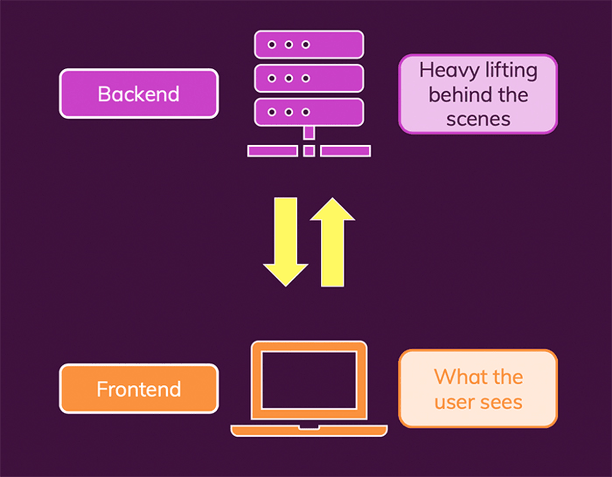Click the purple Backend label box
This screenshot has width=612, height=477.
[x=139, y=93]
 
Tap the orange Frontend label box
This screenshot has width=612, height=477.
[x=139, y=389]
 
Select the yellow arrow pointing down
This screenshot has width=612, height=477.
[x=286, y=242]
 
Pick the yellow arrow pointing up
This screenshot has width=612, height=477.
[x=333, y=242]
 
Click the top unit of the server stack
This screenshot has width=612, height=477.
[x=309, y=44]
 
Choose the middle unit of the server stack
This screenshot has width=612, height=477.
[x=309, y=78]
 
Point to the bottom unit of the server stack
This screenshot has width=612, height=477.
[x=309, y=112]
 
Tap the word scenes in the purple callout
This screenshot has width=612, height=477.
[x=478, y=119]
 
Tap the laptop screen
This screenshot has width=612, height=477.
[x=309, y=380]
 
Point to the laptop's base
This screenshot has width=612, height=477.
[x=309, y=431]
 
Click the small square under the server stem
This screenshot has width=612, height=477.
[x=309, y=151]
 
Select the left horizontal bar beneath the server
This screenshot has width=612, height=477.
[x=272, y=151]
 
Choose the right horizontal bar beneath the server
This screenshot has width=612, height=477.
[x=345, y=151]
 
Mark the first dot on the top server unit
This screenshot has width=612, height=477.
[x=272, y=44]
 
